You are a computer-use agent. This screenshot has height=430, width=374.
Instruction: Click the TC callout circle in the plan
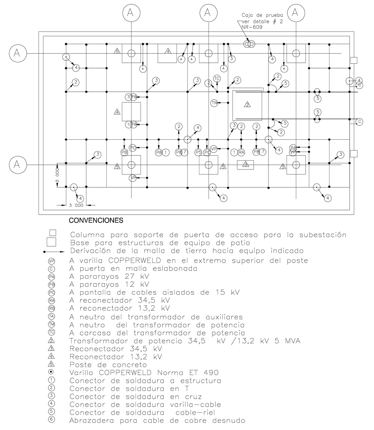217,78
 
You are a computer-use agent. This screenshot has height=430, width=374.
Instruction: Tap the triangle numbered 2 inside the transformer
247,105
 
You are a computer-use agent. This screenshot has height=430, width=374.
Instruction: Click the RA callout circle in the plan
242,152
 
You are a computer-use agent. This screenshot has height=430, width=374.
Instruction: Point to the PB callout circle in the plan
124,152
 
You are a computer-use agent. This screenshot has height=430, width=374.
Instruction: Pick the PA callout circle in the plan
293,148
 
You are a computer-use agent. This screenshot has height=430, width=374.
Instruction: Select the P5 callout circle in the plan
199,152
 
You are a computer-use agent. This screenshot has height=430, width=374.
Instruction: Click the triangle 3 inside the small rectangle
246,164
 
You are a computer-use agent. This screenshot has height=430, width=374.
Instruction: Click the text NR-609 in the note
252,27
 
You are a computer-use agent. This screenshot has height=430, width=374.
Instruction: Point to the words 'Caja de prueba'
262,15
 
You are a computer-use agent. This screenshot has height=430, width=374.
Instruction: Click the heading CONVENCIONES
96,220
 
